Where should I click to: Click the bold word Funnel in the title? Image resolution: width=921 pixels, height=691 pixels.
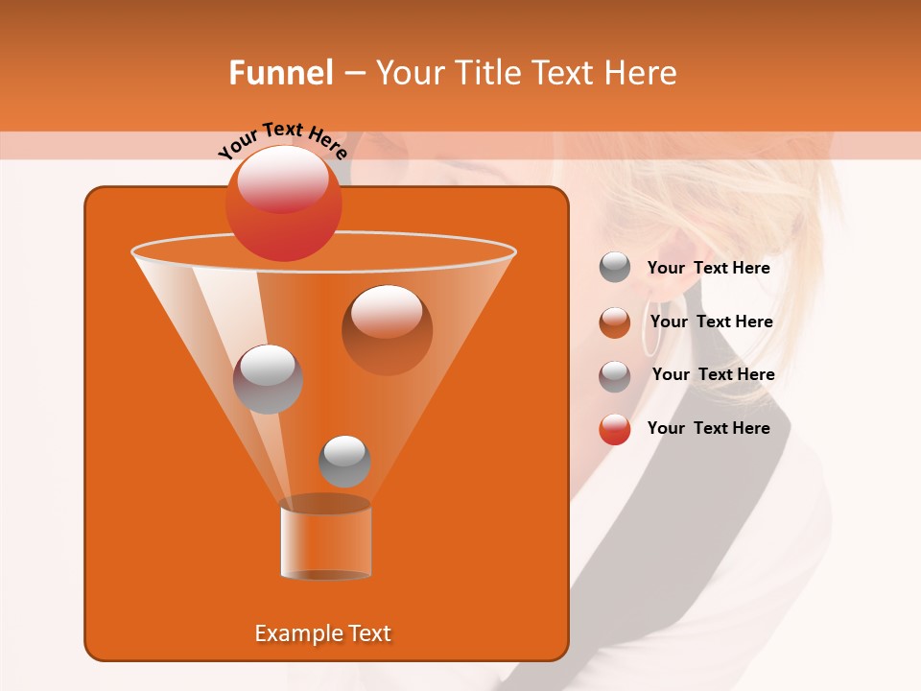(280, 73)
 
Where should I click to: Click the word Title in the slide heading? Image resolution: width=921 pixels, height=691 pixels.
(487, 73)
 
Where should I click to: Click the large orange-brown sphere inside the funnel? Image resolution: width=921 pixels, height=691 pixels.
(387, 330)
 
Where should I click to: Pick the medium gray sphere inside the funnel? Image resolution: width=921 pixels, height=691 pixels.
(268, 379)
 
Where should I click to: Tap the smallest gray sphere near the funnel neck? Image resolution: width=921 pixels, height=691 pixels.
(344, 462)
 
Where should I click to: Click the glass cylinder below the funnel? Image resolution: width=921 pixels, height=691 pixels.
(325, 538)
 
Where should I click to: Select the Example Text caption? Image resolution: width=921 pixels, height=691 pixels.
(322, 633)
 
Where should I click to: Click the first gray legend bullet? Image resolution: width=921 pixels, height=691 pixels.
(615, 268)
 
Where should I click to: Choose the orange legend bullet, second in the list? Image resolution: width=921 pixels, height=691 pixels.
(615, 322)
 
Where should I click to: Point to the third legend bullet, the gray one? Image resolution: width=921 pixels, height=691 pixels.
(615, 376)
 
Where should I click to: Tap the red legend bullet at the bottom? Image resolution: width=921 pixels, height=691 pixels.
(615, 429)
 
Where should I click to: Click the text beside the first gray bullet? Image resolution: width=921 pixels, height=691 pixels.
(708, 268)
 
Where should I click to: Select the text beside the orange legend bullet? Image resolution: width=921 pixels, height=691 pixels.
(711, 322)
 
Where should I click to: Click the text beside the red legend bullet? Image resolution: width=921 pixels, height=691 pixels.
(708, 428)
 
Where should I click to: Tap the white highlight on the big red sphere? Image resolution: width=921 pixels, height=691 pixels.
(282, 179)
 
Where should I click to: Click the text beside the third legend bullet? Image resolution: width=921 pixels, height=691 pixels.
(713, 374)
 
